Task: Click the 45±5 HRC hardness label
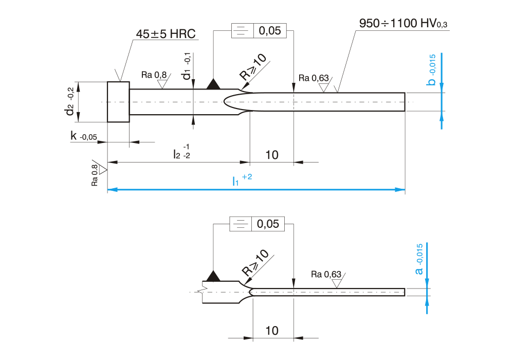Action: click(166, 34)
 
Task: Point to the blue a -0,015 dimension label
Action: click(419, 259)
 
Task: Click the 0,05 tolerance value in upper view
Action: click(269, 31)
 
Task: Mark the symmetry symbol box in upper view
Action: click(240, 31)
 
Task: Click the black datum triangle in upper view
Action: click(213, 84)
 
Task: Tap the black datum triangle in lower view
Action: click(213, 276)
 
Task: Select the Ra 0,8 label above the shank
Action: click(154, 75)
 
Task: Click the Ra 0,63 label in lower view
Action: click(326, 274)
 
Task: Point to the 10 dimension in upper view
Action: click(272, 155)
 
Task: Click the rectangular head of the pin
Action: click(118, 102)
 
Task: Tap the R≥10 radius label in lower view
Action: click(255, 263)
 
